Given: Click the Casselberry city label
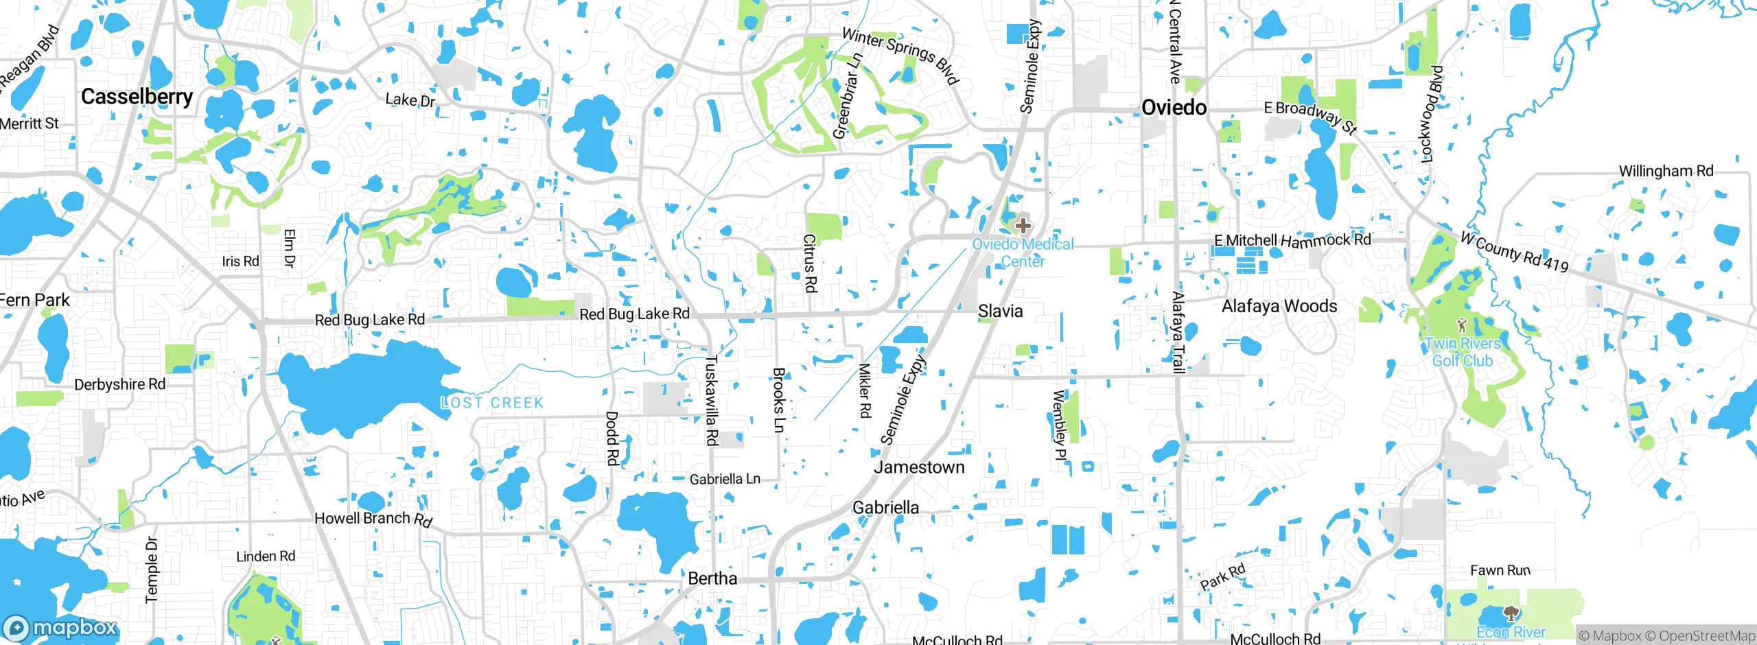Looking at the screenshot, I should pos(137,97).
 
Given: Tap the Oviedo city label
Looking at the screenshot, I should pos(1174,108).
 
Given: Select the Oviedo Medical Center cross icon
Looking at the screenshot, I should pos(1023,225).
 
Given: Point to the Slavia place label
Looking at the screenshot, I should pos(1000,312).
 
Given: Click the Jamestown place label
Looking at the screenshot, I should pos(919,467).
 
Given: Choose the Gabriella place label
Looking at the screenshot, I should pos(885,508).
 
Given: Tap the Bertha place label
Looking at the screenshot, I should pos(712,578).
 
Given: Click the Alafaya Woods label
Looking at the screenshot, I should pos(1279,306).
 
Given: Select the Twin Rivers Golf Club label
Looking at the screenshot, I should pos(1463,352).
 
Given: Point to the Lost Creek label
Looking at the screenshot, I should pos(492,403).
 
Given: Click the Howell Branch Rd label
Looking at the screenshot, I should pos(373,519).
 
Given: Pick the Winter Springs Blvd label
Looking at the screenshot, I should pos(900,55).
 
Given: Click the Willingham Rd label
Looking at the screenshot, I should pos(1666,171).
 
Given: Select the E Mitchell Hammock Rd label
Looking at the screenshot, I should pos(1292,240).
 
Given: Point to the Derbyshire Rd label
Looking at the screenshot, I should pos(120,384).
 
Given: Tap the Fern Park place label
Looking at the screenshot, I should pos(34,301).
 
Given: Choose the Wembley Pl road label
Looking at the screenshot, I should pos(1060,425).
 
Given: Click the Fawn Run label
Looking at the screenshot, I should pos(1500,570).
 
